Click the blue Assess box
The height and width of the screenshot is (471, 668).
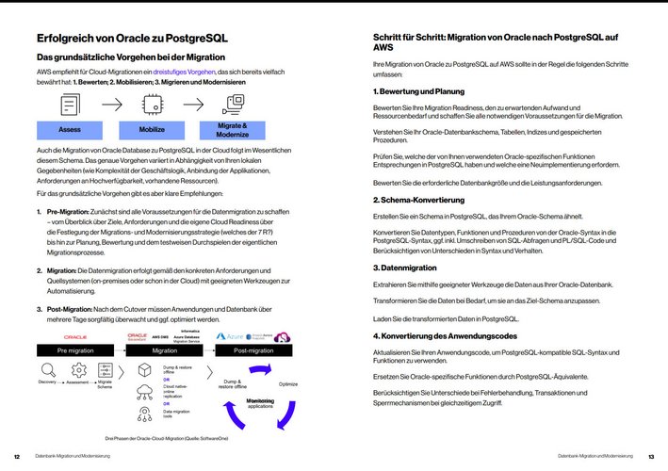coord(70,129)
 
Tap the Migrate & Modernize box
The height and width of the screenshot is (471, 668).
coord(233,129)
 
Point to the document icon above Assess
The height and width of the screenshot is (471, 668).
coord(71,104)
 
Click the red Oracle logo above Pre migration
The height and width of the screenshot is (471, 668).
coord(75,335)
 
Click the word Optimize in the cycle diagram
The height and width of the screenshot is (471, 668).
coord(288,384)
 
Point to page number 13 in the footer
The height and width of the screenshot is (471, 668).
coord(650,456)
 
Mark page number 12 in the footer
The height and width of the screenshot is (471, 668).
coord(17,456)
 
